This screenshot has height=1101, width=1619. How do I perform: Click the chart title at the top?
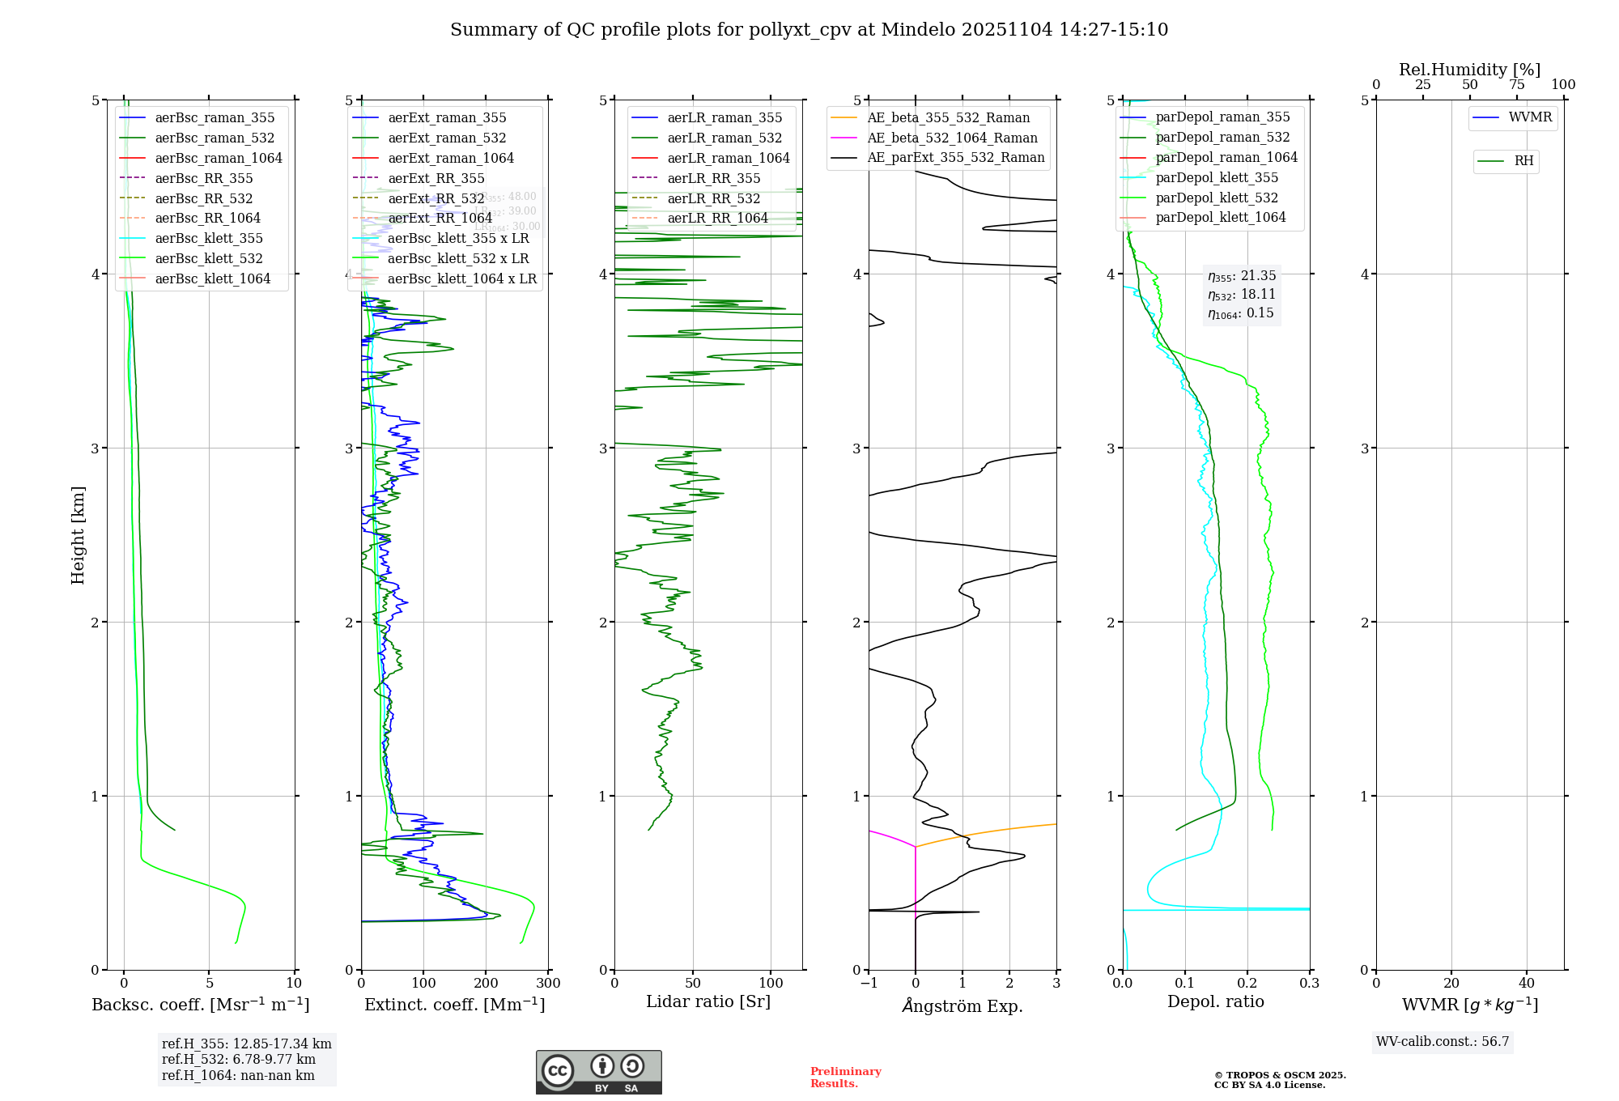(809, 30)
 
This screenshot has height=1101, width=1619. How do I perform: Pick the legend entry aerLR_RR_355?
(713, 179)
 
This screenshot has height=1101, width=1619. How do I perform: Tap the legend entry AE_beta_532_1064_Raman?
(952, 138)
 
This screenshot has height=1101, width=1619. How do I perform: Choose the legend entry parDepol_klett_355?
(1217, 178)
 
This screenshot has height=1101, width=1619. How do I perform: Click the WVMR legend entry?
(1530, 117)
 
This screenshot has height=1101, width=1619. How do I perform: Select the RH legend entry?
(1523, 161)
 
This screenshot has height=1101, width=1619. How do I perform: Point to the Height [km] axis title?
(78, 535)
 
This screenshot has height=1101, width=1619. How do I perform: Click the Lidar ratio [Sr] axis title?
(708, 1002)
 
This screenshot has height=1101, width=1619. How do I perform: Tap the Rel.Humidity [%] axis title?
(1469, 70)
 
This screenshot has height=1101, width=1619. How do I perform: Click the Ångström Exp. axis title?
(962, 1005)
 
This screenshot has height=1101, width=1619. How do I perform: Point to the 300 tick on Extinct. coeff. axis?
(549, 984)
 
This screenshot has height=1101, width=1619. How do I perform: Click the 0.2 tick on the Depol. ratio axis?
(1247, 984)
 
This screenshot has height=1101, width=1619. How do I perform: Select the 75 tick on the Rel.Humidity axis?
(1516, 85)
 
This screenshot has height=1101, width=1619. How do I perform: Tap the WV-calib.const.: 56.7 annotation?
(1443, 1042)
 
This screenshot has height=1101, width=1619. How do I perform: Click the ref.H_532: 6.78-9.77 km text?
(238, 1060)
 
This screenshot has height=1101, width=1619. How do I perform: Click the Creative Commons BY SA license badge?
(598, 1073)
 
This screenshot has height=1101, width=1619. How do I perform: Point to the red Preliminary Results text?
(845, 1078)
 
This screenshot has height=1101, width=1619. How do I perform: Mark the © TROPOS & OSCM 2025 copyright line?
(1280, 1076)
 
